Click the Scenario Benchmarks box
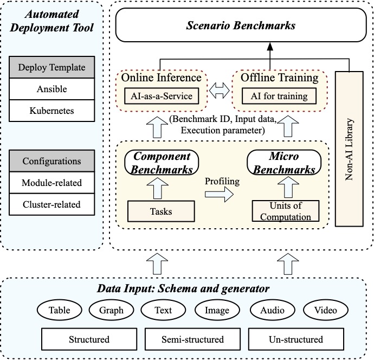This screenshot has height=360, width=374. (241, 25)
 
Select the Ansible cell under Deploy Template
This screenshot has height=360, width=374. (51, 89)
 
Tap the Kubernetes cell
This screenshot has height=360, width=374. (51, 111)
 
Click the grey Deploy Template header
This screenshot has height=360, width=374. (51, 67)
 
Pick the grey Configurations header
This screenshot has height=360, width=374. (51, 161)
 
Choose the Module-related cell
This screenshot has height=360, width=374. (51, 183)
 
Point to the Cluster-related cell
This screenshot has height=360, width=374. (51, 204)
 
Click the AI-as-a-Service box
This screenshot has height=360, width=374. (162, 96)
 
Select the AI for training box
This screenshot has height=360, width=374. (279, 96)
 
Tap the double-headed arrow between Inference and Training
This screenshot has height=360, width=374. (219, 91)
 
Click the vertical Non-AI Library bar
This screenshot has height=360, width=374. (349, 149)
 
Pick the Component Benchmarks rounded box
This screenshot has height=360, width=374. (162, 163)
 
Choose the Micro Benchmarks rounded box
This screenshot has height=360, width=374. (284, 163)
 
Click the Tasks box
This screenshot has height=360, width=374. (161, 211)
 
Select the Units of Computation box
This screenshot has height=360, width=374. (286, 211)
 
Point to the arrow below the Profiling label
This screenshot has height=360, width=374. (219, 194)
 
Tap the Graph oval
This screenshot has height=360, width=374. (112, 310)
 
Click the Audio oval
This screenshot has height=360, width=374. (273, 310)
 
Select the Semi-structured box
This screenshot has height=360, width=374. (193, 339)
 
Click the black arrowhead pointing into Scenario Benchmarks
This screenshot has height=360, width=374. (270, 47)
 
